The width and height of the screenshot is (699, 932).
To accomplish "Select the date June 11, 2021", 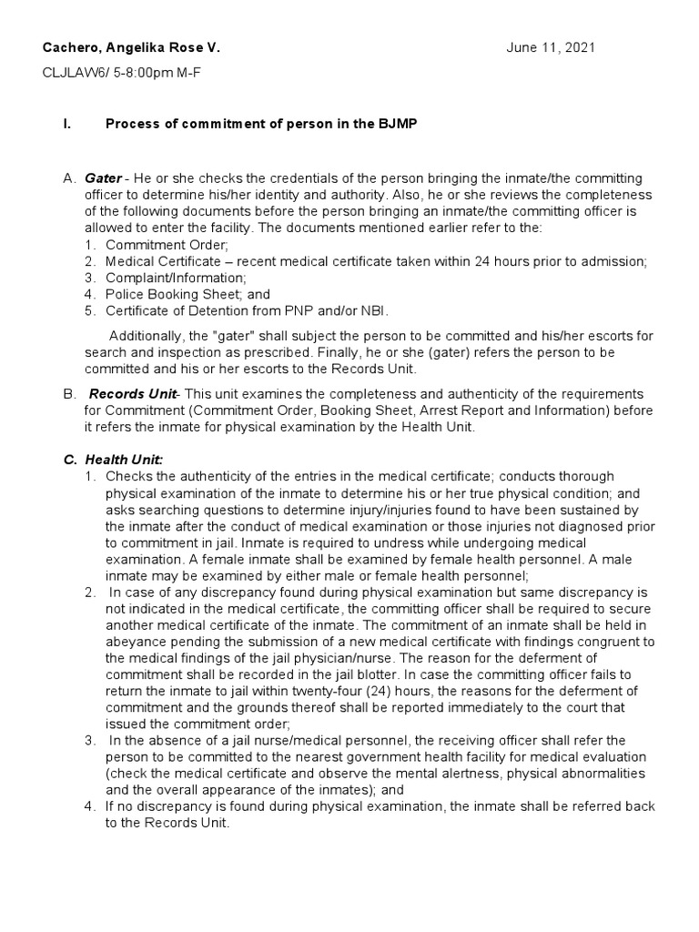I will click(x=551, y=47).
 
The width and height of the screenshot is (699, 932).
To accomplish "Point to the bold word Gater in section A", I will click(x=103, y=178).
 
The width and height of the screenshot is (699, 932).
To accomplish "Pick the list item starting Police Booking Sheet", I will click(x=187, y=294).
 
